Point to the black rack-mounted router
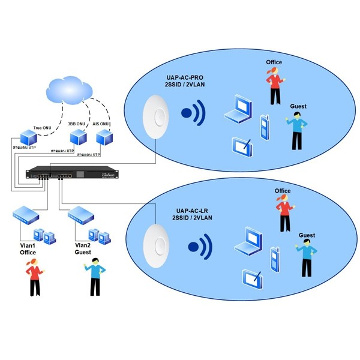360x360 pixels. click(72, 175)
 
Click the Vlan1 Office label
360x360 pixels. click(25, 249)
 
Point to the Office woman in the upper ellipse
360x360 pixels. click(274, 85)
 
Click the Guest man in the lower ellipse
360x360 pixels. click(307, 257)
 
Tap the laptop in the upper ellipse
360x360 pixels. click(236, 108)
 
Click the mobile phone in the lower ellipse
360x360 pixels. click(275, 258)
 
